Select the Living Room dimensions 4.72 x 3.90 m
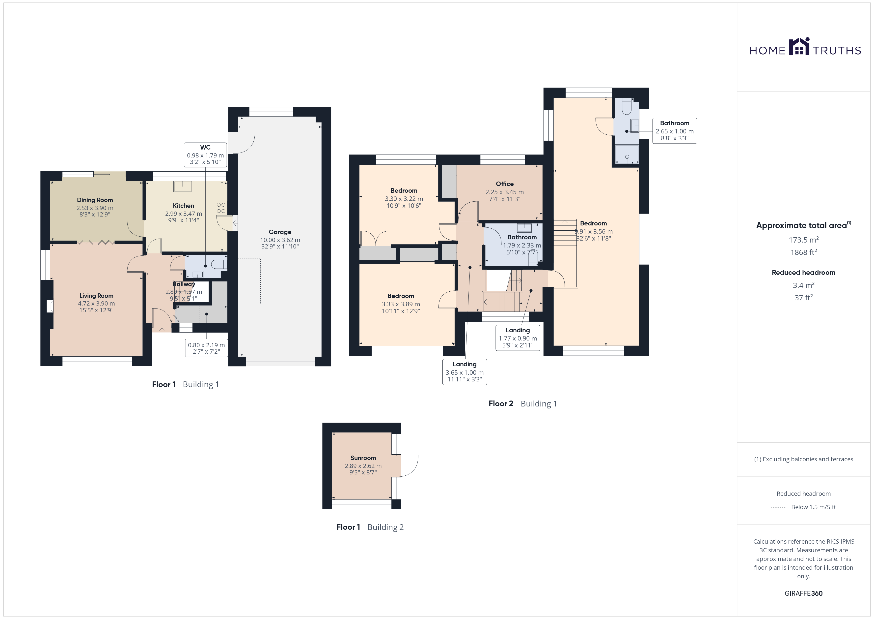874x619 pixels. [x=96, y=303]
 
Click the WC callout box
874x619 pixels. [x=205, y=154]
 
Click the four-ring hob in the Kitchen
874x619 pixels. [x=221, y=208]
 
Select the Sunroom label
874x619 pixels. [x=363, y=458]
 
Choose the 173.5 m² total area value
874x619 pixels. [x=804, y=240]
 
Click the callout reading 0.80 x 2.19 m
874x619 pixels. [x=206, y=348]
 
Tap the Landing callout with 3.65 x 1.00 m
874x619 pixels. [x=464, y=372]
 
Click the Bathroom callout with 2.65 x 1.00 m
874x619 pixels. [x=675, y=131]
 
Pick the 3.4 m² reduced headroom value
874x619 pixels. [x=804, y=285]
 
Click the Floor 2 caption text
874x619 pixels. [x=501, y=404]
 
